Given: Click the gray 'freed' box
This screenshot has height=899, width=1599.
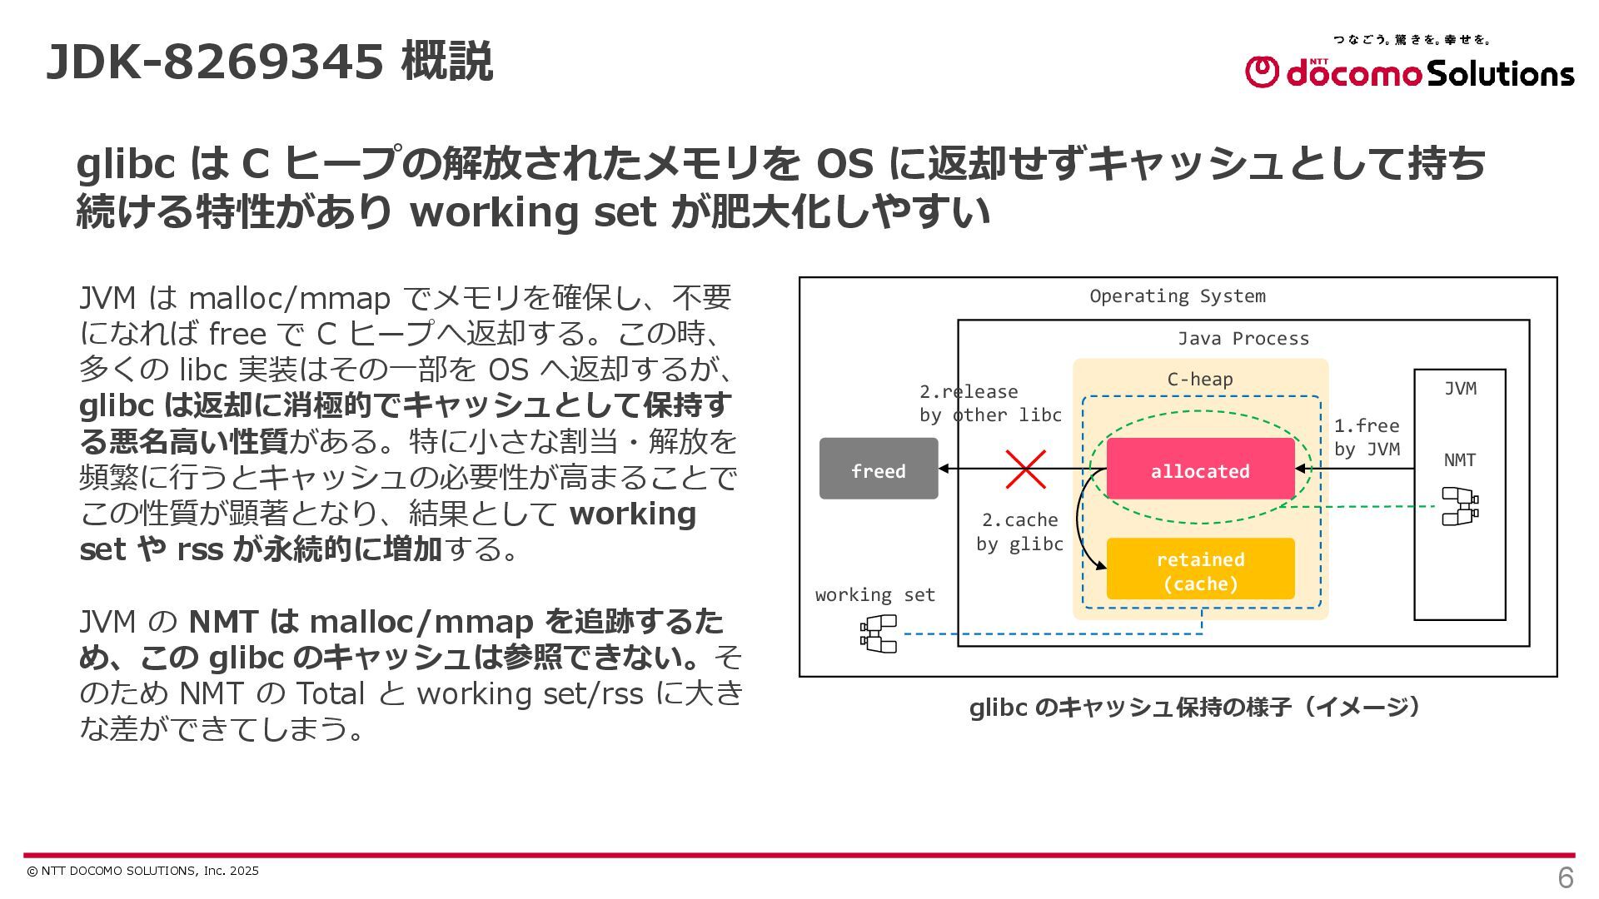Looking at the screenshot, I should coord(879,469).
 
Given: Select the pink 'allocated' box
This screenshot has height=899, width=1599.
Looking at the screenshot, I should coord(1200,469).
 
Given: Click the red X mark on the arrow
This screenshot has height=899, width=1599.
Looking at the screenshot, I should coord(1025,469).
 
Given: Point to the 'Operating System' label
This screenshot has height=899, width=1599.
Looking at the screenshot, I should coord(1177,296).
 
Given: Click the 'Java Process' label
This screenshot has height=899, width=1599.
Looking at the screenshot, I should coord(1243,339).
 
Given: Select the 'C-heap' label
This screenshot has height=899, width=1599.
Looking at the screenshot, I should coord(1199,380).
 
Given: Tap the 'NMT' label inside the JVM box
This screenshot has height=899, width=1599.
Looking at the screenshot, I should coord(1459,460).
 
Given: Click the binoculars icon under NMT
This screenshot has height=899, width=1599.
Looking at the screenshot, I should coord(1459,506).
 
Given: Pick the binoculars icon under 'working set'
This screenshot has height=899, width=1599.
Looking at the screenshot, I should coord(879,633).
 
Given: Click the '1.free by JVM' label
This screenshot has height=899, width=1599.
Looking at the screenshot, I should coord(1367,437).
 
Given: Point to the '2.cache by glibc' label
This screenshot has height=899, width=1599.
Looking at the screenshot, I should coord(1019,532).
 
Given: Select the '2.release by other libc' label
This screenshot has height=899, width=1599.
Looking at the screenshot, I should coord(990,403).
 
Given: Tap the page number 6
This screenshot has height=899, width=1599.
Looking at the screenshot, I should coord(1565,877).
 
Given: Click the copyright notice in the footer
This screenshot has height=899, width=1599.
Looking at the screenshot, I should coord(142,871).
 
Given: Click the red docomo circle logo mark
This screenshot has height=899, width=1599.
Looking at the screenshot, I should coord(1261,72).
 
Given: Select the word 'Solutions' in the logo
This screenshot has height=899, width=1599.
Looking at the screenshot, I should coord(1501,73).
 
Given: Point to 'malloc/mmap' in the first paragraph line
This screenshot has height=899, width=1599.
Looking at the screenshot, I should coord(289,298).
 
